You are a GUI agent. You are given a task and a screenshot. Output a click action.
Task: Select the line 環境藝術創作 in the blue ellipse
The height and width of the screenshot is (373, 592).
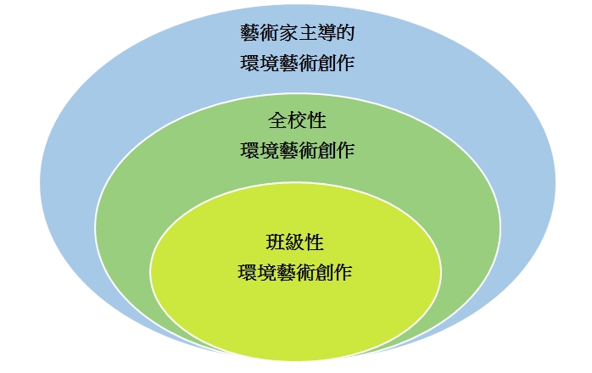pos(296,63)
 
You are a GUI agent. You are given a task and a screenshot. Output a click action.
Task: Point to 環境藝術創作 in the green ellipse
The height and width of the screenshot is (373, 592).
pos(296,151)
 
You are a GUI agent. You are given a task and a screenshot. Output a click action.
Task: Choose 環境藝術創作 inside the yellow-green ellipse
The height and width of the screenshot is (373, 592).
pos(296,273)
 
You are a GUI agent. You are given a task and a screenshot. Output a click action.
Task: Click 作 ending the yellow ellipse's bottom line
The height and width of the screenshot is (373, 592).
pos(343,273)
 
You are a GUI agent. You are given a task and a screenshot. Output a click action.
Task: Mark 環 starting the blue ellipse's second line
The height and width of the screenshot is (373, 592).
pos(249,63)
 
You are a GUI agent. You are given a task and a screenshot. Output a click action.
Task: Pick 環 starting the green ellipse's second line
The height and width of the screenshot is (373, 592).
pos(249,151)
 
